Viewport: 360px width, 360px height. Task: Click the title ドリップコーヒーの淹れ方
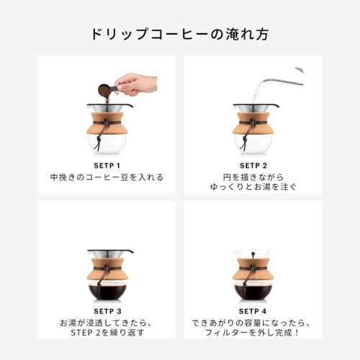pos(180,34)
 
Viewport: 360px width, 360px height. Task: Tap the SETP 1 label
pos(107,164)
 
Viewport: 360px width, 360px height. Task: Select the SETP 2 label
pos(253,164)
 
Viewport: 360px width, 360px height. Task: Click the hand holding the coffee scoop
pos(137,84)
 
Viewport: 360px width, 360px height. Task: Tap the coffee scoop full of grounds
pos(104,90)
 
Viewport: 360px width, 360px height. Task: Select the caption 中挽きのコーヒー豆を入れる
pos(107,177)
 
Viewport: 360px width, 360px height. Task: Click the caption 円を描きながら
pos(253,177)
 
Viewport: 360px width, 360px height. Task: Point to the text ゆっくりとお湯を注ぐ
pos(253,187)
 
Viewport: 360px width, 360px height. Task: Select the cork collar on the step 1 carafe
pos(107,122)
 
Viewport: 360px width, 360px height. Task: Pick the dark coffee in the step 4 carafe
pos(253,292)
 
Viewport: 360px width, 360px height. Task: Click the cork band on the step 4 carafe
pos(253,270)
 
